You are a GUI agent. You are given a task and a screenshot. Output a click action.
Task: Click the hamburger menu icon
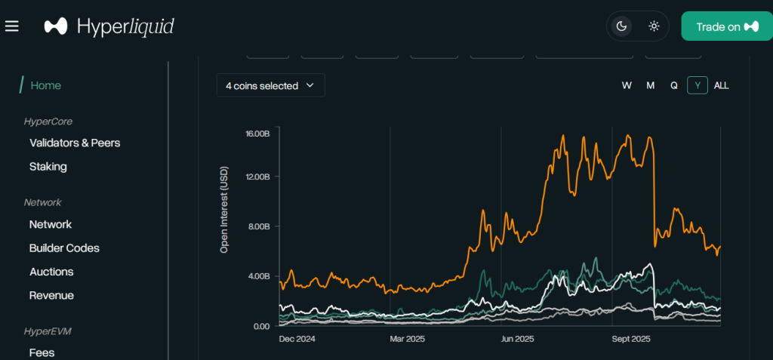[11, 26]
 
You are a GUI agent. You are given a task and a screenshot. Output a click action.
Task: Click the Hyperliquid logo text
[125, 26]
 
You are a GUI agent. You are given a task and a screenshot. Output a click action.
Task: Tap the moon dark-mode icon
[622, 26]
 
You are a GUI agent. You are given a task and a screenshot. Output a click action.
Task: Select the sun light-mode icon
[654, 26]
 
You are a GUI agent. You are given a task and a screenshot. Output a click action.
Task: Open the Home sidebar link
[46, 85]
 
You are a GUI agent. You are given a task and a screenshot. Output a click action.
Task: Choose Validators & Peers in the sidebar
[75, 143]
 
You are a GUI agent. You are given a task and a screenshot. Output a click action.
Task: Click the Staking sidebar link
[48, 167]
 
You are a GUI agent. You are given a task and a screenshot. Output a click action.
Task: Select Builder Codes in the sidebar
[64, 248]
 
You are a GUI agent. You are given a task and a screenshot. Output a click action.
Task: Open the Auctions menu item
[51, 272]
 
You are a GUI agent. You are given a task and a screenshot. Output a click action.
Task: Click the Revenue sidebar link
[51, 295]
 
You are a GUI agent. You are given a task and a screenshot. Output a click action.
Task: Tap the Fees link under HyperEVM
[42, 352]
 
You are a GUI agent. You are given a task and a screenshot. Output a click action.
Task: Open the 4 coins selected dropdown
[270, 85]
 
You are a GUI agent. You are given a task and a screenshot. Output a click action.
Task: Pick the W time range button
[627, 85]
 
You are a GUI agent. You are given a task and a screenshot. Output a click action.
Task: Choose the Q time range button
[674, 85]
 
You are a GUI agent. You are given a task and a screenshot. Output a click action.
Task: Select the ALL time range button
[722, 85]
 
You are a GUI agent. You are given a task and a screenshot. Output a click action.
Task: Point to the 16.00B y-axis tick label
[257, 134]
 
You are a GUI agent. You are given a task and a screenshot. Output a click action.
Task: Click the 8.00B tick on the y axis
[258, 226]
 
